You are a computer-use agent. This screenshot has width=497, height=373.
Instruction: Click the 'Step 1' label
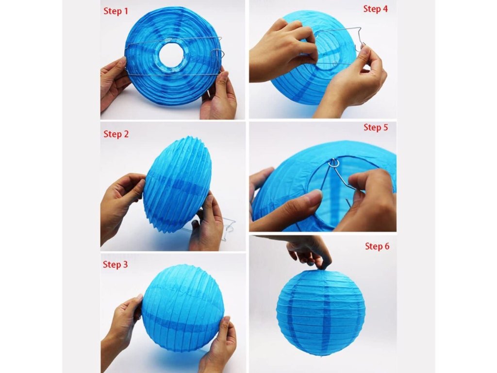point(116,11)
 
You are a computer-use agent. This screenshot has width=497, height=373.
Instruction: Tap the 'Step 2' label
point(116,134)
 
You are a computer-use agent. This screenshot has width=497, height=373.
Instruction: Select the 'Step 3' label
point(116,264)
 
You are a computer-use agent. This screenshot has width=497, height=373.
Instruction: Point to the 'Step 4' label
point(375,9)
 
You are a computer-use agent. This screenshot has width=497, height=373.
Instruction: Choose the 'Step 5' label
point(376,127)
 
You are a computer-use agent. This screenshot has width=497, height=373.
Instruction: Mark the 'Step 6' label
point(377,246)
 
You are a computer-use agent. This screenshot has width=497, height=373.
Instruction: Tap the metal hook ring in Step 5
point(334,163)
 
